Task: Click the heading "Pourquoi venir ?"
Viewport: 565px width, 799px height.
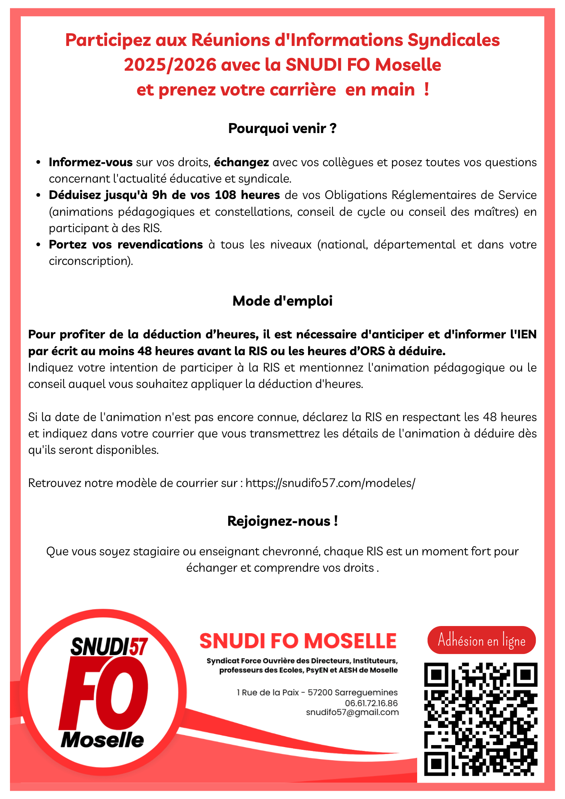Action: point(282,129)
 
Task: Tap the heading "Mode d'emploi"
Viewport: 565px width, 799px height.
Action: point(282,301)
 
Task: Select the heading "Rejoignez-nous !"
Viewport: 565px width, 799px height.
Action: point(282,521)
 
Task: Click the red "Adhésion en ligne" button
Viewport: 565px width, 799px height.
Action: point(481,640)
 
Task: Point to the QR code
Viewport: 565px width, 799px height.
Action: point(480,719)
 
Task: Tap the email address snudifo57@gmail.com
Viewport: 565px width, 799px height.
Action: point(352,712)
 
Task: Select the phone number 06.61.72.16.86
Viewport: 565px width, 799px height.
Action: point(371,703)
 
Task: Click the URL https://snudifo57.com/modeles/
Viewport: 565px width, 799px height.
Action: point(330,483)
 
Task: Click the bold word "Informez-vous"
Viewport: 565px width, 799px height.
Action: point(91,162)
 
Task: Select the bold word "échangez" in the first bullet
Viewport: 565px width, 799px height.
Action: point(241,162)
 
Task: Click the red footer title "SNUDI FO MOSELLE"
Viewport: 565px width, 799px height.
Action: point(298,641)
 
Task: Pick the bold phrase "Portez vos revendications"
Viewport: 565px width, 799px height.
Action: point(126,244)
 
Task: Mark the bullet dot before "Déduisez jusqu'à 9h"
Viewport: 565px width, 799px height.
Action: point(38,195)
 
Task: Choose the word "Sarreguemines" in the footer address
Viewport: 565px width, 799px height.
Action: point(366,693)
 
